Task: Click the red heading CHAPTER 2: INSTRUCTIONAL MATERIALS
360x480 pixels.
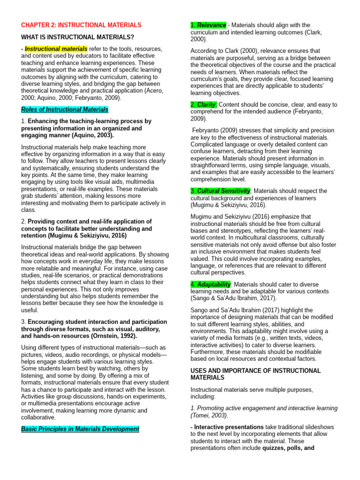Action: (x=81, y=25)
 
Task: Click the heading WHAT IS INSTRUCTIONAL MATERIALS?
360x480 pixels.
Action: (x=78, y=37)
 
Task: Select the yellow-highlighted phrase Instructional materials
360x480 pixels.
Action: (x=56, y=49)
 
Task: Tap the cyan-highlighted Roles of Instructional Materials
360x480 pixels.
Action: (x=65, y=109)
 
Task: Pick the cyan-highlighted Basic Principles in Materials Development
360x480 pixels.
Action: (x=80, y=429)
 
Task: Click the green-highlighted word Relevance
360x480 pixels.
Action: (x=211, y=25)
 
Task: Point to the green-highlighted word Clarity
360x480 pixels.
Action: (x=206, y=105)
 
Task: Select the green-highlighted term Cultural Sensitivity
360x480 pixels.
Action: (x=224, y=191)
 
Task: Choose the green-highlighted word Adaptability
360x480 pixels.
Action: (x=214, y=285)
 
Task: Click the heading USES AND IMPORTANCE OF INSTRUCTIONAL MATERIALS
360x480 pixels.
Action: (x=255, y=374)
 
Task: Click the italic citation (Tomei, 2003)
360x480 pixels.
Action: (x=209, y=415)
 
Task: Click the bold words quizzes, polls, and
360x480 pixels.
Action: (x=288, y=448)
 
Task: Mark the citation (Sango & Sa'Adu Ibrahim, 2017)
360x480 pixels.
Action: (x=233, y=298)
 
